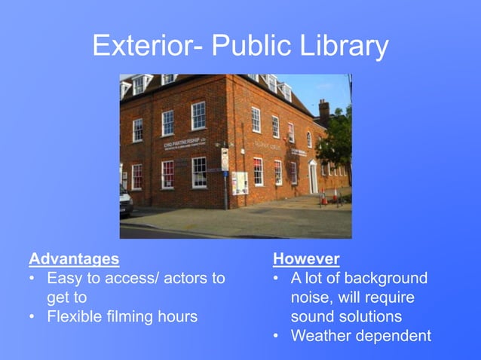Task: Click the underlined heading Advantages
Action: point(74,259)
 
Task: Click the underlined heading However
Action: point(306,259)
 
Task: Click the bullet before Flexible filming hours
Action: point(32,316)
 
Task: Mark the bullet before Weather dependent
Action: point(277,335)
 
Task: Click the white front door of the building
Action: point(313,177)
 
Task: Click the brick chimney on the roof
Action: point(323,111)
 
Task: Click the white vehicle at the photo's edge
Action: point(125,199)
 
